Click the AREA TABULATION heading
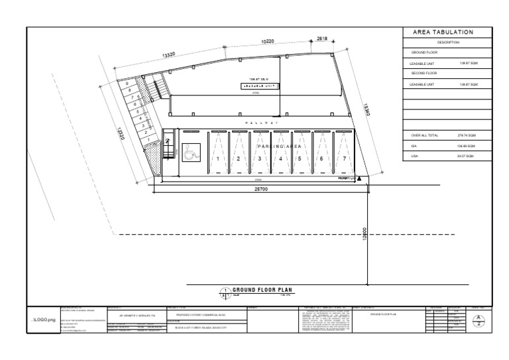tap(443, 32)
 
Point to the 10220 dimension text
tap(268, 42)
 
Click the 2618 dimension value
tap(323, 39)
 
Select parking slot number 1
tap(219, 159)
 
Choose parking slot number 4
tap(281, 159)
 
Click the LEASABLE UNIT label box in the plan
tap(257, 86)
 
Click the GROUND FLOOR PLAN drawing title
tap(263, 290)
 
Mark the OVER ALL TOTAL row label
tap(424, 135)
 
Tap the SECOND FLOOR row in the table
tap(424, 73)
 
